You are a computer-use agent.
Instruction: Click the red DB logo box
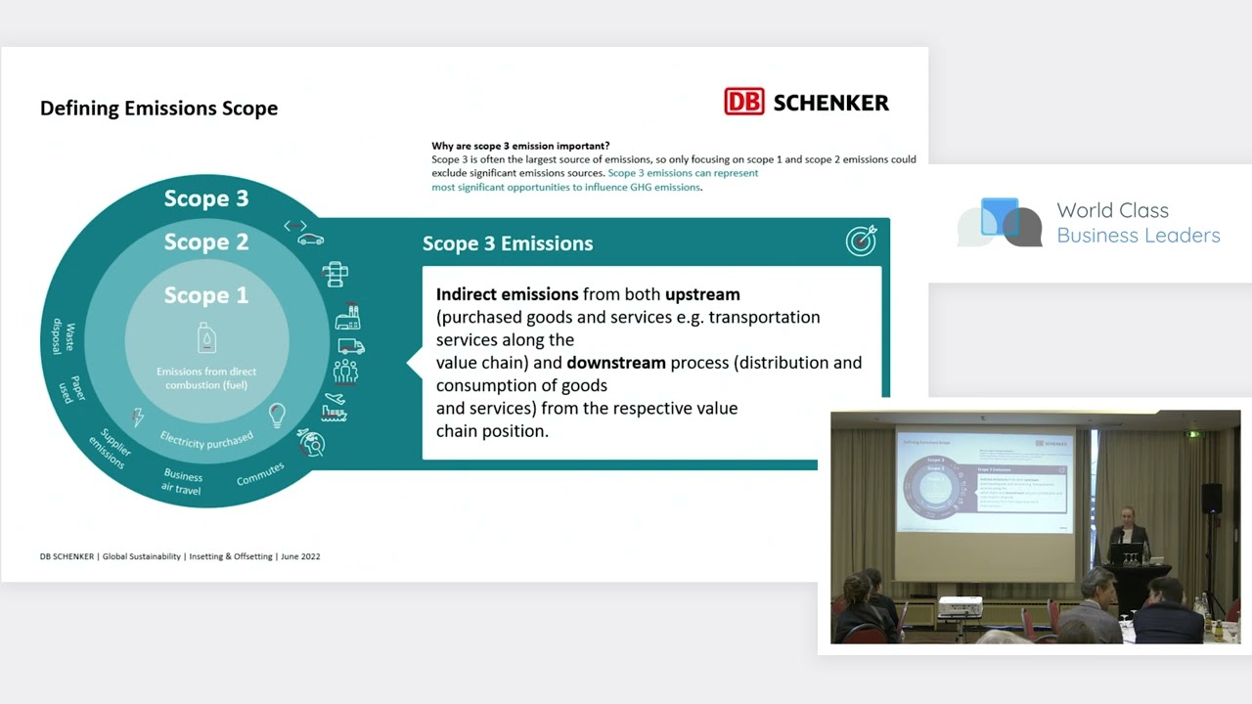click(x=744, y=102)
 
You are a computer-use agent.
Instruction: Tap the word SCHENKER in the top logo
click(x=830, y=103)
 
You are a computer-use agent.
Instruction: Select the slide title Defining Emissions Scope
click(x=158, y=108)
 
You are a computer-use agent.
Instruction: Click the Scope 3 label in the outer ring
click(x=206, y=198)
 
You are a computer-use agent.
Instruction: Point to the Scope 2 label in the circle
click(x=206, y=242)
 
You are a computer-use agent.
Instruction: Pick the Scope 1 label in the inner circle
click(x=206, y=295)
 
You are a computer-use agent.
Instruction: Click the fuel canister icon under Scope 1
click(x=206, y=337)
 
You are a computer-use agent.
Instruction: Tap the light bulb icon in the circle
click(x=277, y=416)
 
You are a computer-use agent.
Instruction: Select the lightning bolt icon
click(x=138, y=417)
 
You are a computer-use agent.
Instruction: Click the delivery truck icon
click(x=351, y=346)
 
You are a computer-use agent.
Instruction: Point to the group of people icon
click(x=345, y=371)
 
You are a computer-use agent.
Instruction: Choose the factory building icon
click(x=347, y=317)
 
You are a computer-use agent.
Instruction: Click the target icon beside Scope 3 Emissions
click(x=862, y=241)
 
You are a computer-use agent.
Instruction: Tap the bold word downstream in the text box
click(x=616, y=363)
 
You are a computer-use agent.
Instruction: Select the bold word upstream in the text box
click(x=702, y=294)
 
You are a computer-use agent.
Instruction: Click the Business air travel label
click(x=182, y=482)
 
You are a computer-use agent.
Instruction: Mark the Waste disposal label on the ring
click(x=64, y=336)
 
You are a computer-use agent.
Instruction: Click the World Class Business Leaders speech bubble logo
click(x=1000, y=222)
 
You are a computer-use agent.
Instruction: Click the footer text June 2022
click(x=300, y=556)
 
